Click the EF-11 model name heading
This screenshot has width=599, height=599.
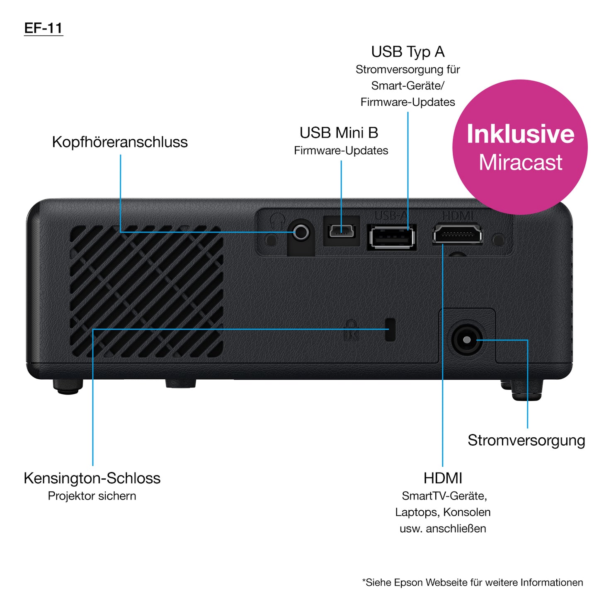pyautogui.click(x=44, y=28)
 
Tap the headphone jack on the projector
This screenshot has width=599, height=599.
pyautogui.click(x=301, y=232)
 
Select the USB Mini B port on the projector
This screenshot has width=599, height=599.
pyautogui.click(x=342, y=231)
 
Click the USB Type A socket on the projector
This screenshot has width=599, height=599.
pyautogui.click(x=392, y=238)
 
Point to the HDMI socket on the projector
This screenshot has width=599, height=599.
pyautogui.click(x=457, y=235)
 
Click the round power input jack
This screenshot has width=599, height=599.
pyautogui.click(x=467, y=340)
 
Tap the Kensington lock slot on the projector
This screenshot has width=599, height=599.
pyautogui.click(x=390, y=330)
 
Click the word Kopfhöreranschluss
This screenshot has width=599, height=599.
pyautogui.click(x=120, y=142)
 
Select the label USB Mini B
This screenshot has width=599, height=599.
pyautogui.click(x=339, y=133)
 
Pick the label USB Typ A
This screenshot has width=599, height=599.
pyautogui.click(x=407, y=52)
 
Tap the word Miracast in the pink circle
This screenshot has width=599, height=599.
pyautogui.click(x=520, y=162)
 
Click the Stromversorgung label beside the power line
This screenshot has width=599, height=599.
pyautogui.click(x=526, y=440)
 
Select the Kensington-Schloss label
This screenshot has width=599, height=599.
pyautogui.click(x=92, y=478)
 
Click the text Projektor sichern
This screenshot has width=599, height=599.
pyautogui.click(x=92, y=496)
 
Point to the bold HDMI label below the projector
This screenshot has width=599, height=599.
pyautogui.click(x=443, y=478)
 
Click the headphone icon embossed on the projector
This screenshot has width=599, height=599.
pyautogui.click(x=276, y=218)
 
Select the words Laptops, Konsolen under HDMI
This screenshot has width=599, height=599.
pyautogui.click(x=443, y=512)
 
